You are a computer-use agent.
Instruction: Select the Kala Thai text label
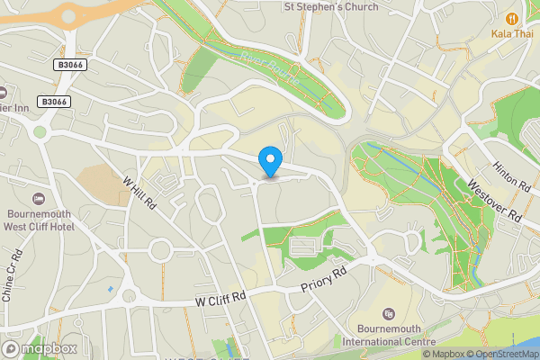513,33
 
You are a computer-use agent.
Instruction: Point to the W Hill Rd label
139,193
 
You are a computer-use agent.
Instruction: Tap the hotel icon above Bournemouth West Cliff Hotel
38,198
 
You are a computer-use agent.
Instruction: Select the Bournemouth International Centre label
391,335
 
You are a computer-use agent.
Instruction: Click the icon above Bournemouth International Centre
389,313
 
